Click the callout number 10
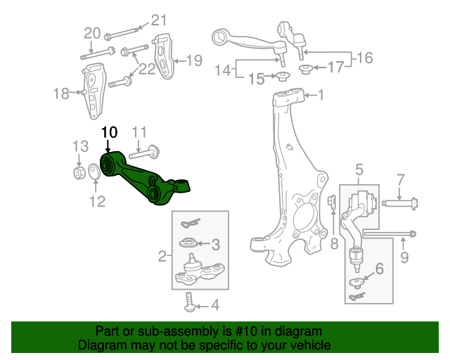tap(110, 131)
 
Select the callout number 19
tap(193, 60)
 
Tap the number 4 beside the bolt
tap(214, 305)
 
